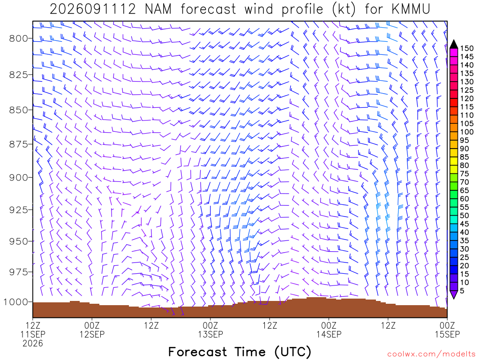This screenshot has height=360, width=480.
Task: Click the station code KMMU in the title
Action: [411, 9]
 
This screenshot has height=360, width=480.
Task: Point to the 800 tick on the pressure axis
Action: [30, 38]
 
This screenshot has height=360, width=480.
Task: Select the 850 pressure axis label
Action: [18, 110]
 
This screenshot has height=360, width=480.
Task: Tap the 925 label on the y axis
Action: [18, 210]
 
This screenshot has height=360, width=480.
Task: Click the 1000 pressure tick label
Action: [15, 302]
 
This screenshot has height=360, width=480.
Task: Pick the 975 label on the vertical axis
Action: [18, 272]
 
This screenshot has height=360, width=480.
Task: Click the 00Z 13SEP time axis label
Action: [210, 330]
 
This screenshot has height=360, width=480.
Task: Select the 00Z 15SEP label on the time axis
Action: [447, 330]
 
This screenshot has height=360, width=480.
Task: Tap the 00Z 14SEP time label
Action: [329, 330]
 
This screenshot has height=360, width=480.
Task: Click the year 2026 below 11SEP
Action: [33, 344]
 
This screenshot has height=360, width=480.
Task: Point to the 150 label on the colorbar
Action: [466, 48]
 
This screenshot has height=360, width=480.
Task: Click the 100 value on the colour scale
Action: [466, 132]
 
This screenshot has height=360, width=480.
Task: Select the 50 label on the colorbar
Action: [465, 216]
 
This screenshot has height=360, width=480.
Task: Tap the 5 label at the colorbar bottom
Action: [462, 291]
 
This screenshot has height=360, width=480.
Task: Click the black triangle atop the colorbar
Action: [454, 45]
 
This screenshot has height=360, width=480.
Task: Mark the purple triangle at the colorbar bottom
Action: [454, 294]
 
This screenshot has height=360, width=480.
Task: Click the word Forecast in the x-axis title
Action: [197, 352]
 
